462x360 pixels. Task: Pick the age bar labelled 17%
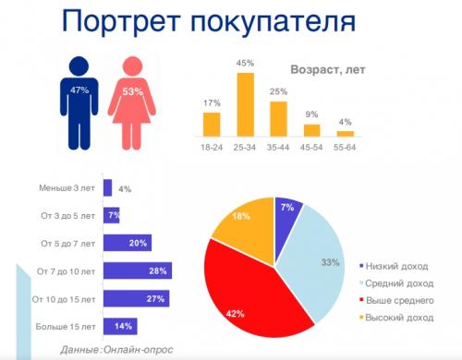click(212, 124)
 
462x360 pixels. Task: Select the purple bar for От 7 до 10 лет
click(136, 270)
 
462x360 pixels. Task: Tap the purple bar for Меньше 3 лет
click(107, 188)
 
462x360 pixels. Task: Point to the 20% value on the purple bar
click(140, 243)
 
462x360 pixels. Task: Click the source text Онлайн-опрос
click(138, 349)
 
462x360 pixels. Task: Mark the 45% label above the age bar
click(245, 64)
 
